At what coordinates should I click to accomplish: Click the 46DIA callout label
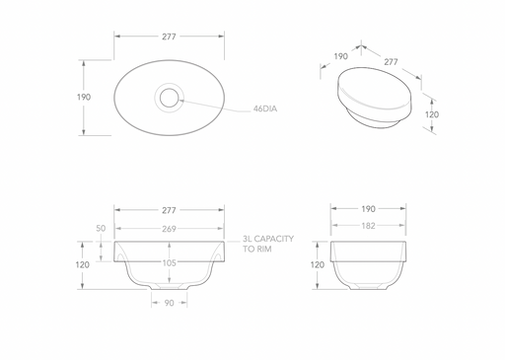(265, 108)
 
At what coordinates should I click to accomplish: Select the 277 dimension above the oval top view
(169, 36)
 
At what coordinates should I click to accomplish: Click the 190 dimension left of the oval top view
(84, 97)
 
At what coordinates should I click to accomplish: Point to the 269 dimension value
(169, 229)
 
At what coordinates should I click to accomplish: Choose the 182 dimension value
(368, 226)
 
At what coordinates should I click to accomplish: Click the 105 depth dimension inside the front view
(169, 262)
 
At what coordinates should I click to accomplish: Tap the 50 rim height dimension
(101, 228)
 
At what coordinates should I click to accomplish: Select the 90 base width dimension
(169, 303)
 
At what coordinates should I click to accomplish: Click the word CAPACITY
(274, 239)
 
